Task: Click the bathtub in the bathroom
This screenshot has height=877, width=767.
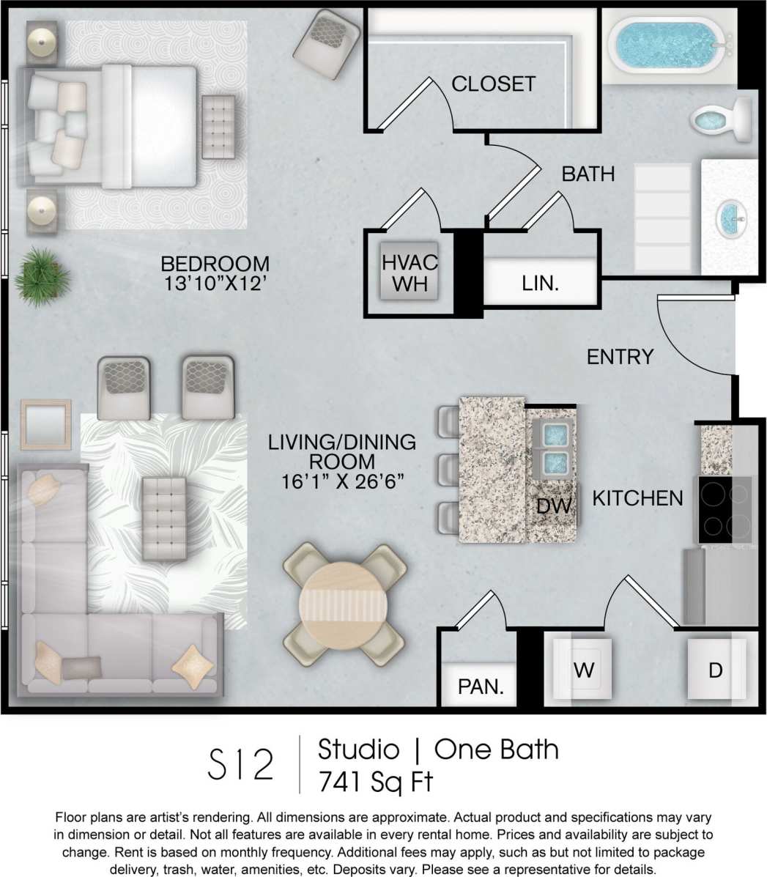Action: coord(667,45)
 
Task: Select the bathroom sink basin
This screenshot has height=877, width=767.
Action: coord(730,216)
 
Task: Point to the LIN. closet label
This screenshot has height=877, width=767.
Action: coord(541,284)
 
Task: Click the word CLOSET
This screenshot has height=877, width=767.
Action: coord(493,84)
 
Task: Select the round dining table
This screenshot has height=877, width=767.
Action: coord(344,604)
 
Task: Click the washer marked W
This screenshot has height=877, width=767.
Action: coord(583,670)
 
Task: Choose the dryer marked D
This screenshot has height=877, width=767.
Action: coord(715,670)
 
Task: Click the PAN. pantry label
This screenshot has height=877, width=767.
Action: coord(481,687)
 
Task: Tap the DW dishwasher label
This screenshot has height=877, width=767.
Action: coord(553,506)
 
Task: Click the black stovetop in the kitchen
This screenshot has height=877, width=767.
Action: coord(725,509)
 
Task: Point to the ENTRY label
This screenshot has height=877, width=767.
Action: coord(620,357)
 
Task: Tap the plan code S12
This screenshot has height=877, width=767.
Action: coord(241,764)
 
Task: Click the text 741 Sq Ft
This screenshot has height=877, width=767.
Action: coord(375,782)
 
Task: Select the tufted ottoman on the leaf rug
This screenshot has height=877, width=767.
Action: coord(165,517)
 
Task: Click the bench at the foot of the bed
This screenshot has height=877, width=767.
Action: coord(218,127)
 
